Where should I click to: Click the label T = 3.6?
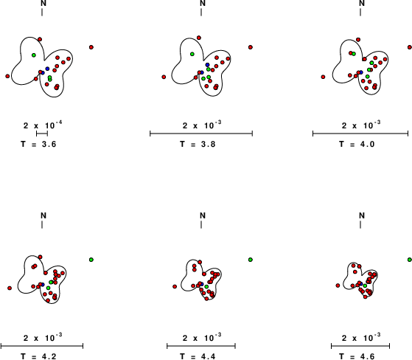click(38, 144)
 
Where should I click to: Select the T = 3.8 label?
click(198, 144)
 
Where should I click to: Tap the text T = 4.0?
click(357, 144)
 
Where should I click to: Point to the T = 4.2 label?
click(38, 356)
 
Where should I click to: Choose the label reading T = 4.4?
click(198, 356)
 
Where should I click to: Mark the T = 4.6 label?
click(357, 356)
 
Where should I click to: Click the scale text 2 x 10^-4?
click(43, 125)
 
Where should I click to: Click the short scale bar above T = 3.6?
click(42, 134)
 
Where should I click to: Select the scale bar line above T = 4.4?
click(201, 346)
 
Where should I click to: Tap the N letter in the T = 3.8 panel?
click(203, 3)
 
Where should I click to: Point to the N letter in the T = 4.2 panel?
click(43, 215)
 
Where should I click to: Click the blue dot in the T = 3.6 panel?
click(47, 69)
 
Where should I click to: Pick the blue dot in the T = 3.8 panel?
click(207, 65)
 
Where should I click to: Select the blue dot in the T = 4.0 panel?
click(361, 72)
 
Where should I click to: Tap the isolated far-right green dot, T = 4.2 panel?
click(91, 260)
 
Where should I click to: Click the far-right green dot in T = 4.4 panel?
click(251, 260)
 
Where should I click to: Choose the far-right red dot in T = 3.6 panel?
click(91, 47)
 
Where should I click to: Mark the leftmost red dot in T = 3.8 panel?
click(164, 77)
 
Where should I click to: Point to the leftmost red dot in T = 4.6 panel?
click(338, 285)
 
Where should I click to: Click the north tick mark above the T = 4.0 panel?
click(360, 12)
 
